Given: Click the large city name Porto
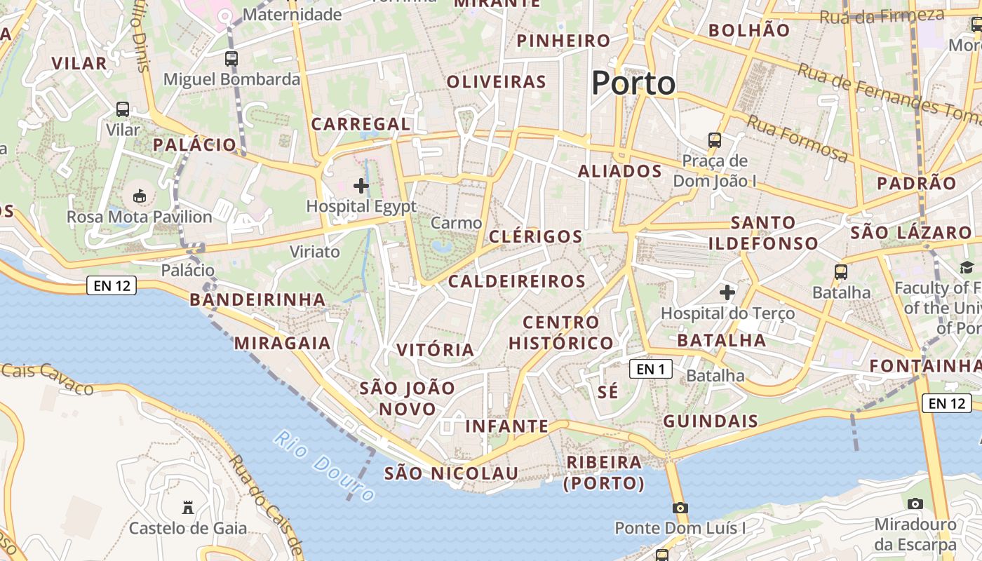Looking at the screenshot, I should [633, 83].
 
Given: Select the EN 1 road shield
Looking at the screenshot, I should [651, 369].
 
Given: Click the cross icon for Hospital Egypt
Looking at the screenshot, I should [361, 186].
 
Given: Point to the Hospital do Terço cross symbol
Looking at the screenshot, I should [727, 291].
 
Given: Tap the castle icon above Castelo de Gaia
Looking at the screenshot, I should [187, 506].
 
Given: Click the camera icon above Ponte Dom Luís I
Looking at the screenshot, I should [680, 507].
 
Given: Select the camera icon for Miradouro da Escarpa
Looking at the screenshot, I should [915, 503].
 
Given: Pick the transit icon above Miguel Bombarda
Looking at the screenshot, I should [231, 59].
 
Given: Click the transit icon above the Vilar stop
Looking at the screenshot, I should [123, 109].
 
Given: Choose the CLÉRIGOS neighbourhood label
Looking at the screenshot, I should [536, 236].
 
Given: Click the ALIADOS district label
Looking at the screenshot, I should [620, 171].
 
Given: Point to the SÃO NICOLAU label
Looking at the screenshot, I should [451, 473].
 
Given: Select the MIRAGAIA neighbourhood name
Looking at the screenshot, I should [282, 343].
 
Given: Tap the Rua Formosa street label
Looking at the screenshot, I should [797, 137].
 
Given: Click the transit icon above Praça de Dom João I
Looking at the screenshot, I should [715, 140].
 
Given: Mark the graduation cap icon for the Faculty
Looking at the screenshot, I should [967, 267].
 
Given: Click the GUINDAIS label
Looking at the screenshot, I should [711, 421].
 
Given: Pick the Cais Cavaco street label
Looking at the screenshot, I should [48, 378].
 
